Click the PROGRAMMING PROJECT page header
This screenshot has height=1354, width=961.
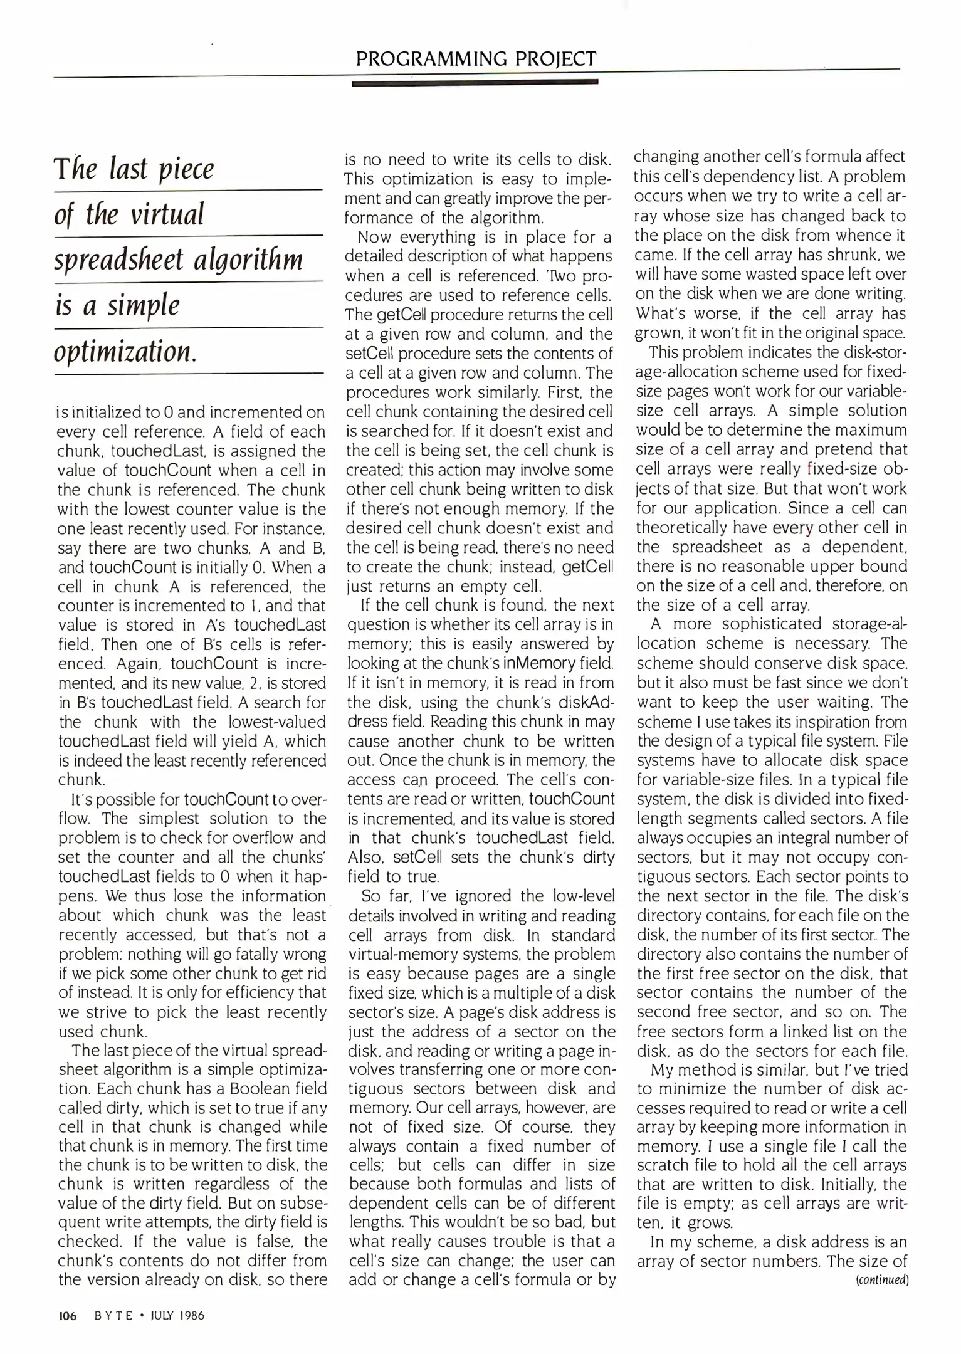[x=476, y=59]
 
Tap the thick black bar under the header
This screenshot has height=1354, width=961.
[x=475, y=82]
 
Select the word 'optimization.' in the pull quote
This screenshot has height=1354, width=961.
[x=125, y=352]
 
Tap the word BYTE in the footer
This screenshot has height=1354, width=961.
[x=113, y=1316]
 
